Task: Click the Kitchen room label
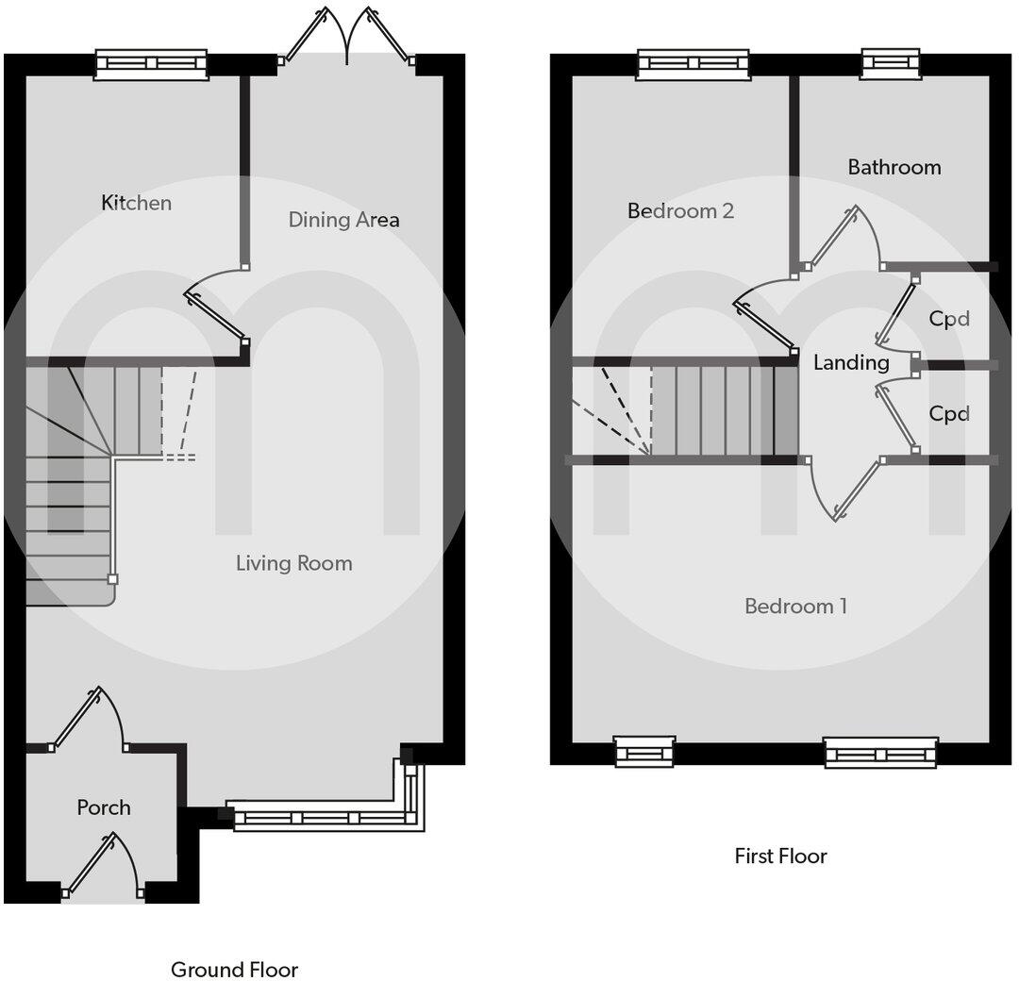tap(137, 203)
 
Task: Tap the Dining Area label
tap(343, 220)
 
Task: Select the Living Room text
tap(293, 563)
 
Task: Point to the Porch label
tap(104, 807)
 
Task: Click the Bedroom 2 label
tap(680, 210)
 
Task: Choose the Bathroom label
tap(894, 167)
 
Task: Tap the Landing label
tap(851, 362)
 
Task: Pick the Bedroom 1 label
tap(795, 606)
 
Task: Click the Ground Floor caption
tap(234, 970)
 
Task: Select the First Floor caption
tap(780, 856)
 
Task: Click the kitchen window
tap(152, 63)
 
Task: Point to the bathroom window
tap(891, 62)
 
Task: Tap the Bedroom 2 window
tap(693, 63)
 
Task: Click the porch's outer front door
tap(102, 866)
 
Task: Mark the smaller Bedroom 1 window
tap(644, 752)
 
